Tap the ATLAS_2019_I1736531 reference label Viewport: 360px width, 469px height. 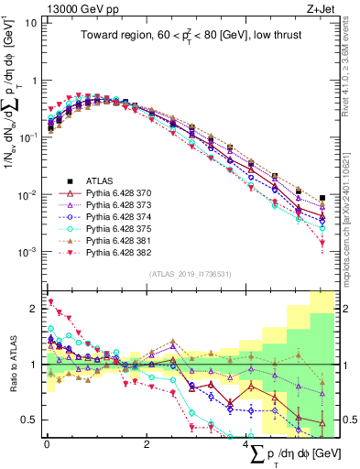click(190, 274)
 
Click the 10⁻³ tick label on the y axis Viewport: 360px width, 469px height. click(27, 251)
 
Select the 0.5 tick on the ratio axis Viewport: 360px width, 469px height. click(29, 420)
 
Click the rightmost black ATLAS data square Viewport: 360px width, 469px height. click(322, 198)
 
